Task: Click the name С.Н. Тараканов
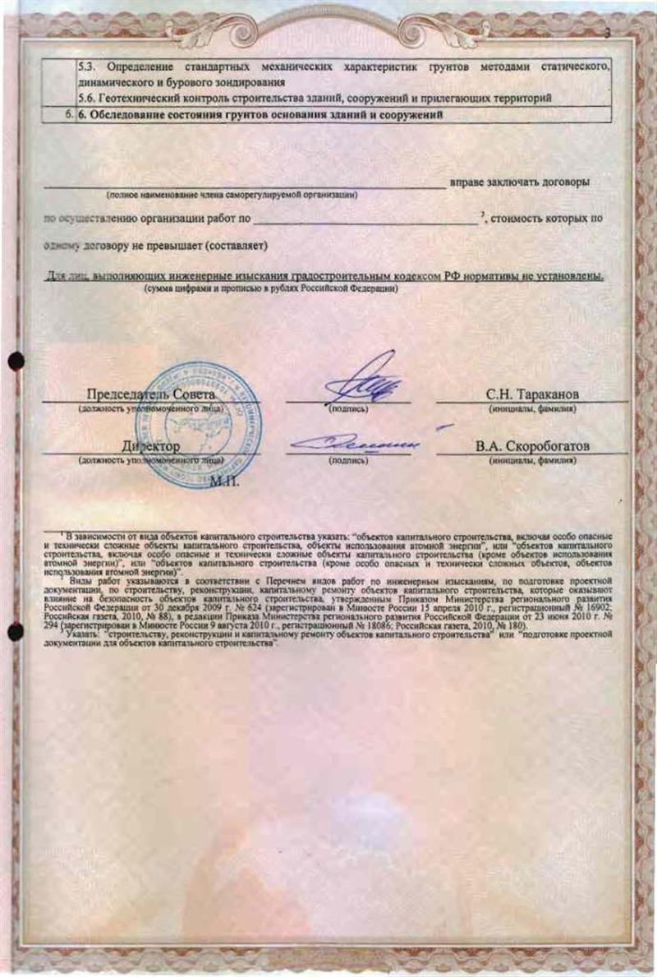532,395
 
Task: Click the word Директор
150,447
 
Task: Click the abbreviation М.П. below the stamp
224,480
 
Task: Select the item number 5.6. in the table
87,98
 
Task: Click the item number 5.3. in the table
87,65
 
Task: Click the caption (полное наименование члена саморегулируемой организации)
232,195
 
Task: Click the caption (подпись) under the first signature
347,408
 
